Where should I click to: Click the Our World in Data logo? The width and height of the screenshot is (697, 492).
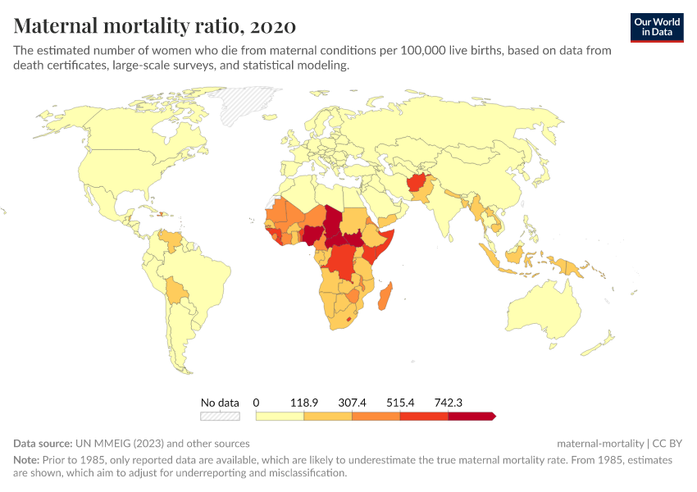point(657,26)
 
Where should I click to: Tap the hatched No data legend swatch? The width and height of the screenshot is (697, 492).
point(220,417)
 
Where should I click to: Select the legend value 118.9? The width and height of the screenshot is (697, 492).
point(303,403)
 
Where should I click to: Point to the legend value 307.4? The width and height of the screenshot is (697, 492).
point(352,403)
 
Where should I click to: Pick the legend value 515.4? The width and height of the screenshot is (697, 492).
point(400,403)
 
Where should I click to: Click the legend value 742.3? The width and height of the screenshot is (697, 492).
point(449,403)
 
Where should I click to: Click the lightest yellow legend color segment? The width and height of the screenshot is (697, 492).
point(280,417)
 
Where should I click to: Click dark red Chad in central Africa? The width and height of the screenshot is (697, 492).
point(333,221)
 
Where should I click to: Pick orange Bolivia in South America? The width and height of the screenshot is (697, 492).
point(177,290)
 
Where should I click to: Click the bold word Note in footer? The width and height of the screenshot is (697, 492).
point(25,460)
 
